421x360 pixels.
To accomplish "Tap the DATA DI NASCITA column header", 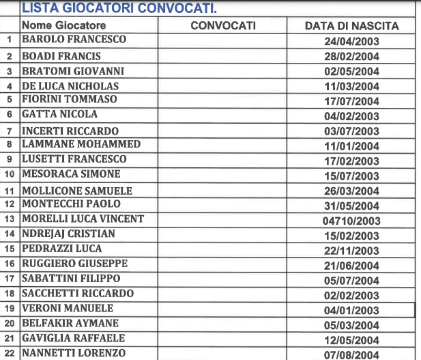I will tap(351, 26).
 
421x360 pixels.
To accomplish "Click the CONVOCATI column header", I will tap(223, 26).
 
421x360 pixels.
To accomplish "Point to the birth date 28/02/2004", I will tap(351, 57).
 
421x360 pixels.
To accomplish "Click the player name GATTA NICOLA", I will tap(60, 114).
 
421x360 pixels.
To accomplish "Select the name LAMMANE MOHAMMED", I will tap(81, 144).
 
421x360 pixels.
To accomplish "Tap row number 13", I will tap(10, 219).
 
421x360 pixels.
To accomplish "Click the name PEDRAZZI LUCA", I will tap(61, 249).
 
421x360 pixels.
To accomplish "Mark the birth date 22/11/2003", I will tap(351, 251).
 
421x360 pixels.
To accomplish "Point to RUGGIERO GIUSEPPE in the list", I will tap(74, 264).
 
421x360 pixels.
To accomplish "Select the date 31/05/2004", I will tap(351, 206).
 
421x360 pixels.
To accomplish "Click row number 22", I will tap(10, 353).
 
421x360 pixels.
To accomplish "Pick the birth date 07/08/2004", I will tap(351, 355).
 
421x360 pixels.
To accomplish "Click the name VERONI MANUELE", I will tap(68, 308).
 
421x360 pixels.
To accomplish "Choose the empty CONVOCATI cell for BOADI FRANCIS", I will tap(223, 56).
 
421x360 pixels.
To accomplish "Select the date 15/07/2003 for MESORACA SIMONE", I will tap(351, 176).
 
